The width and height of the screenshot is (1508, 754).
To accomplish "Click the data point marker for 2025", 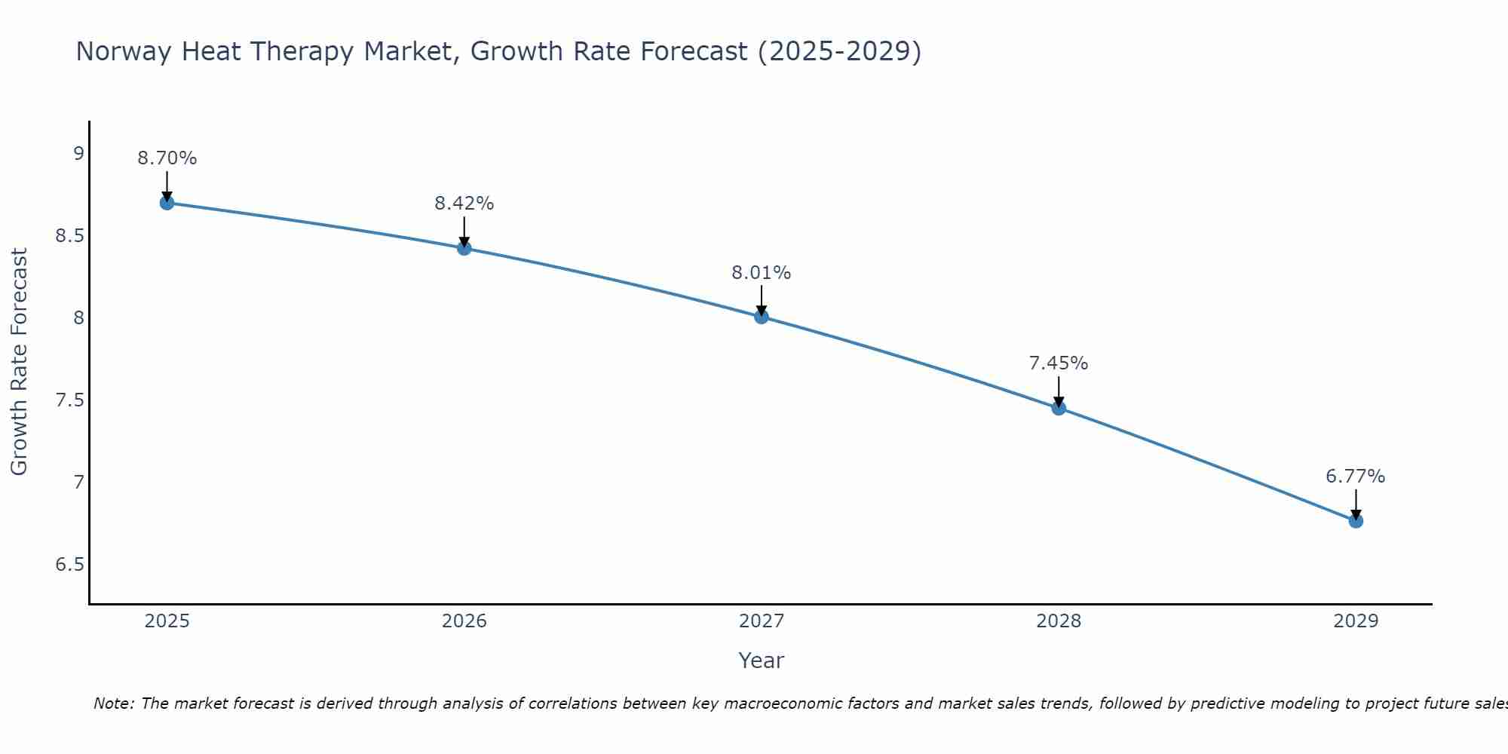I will pos(167,203).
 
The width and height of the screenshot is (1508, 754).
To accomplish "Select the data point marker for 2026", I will pos(464,248).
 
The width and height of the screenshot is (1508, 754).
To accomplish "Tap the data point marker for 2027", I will pos(761,317).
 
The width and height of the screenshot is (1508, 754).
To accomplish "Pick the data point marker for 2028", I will pos(1059,408).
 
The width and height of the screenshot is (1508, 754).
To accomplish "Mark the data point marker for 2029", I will pos(1356,521).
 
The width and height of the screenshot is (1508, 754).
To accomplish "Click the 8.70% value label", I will pos(167,158).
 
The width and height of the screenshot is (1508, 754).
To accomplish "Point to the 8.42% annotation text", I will pos(464,204).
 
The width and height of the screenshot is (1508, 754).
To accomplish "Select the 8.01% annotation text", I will pos(761,273).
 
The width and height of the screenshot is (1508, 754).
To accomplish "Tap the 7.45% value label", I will pos(1059,363).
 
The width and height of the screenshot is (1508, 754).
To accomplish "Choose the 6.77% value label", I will pos(1355,477).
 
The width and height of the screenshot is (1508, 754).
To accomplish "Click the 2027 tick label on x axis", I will pos(761,621).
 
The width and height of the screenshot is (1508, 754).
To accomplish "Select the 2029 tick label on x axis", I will pos(1356,621).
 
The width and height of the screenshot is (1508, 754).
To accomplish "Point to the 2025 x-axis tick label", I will pos(167,621).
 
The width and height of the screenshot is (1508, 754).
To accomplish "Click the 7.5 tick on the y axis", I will pos(69,400).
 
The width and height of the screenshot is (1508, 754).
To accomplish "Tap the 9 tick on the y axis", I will pos(78,154).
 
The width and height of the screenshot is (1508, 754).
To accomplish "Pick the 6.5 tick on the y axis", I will pos(69,564).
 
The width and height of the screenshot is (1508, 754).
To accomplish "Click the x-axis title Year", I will pos(761,661).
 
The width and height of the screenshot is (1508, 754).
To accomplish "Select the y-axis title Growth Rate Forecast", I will pos(19,362).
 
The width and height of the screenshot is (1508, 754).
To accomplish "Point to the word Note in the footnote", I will pos(113,703).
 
